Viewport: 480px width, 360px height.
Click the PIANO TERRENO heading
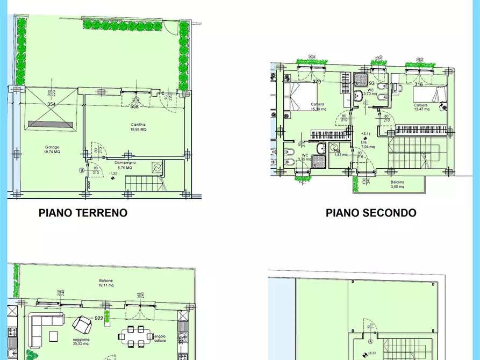click(x=83, y=213)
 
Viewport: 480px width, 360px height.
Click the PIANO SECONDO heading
click(x=371, y=213)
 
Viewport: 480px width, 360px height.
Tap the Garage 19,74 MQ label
click(x=52, y=150)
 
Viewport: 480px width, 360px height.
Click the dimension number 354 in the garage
click(x=51, y=104)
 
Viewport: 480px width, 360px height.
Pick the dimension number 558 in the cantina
click(x=134, y=106)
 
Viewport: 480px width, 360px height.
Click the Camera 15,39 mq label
click(x=317, y=107)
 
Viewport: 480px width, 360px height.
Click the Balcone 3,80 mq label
click(x=398, y=184)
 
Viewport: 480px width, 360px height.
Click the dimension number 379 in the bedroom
click(x=317, y=82)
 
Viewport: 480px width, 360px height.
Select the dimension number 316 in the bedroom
click(x=419, y=84)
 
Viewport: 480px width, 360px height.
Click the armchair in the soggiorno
click(x=82, y=325)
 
